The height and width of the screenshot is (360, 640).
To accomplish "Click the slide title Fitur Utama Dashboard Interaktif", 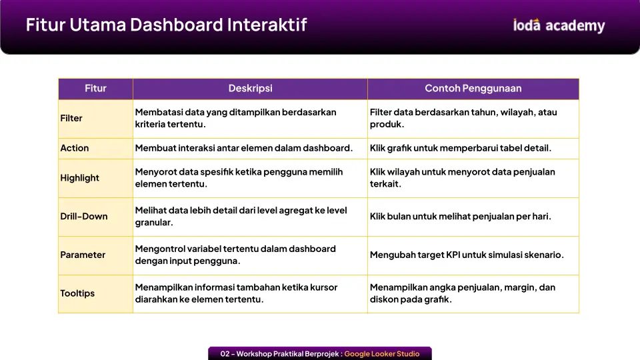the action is pos(166,25).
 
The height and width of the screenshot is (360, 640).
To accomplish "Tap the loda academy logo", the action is pos(559,25).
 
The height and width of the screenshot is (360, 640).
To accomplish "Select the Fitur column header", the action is pos(95,89).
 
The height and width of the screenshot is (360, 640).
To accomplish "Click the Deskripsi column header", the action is pos(250,89).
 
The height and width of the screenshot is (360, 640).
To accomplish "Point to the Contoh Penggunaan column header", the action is pos(473,89).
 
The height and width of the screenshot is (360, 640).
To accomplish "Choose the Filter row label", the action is pos(71,119).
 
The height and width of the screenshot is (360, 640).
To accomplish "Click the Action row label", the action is pos(74,148).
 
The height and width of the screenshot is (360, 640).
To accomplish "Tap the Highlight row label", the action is pos(79,178).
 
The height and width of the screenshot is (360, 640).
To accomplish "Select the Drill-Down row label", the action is pos(84,216).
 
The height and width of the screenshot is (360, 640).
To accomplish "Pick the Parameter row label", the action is pos(83,255).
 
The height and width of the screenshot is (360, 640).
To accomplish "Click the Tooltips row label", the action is pos(77,293).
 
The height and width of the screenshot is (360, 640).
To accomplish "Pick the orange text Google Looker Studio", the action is pos(381,354).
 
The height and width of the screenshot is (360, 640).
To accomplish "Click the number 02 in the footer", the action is pos(225,354).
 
